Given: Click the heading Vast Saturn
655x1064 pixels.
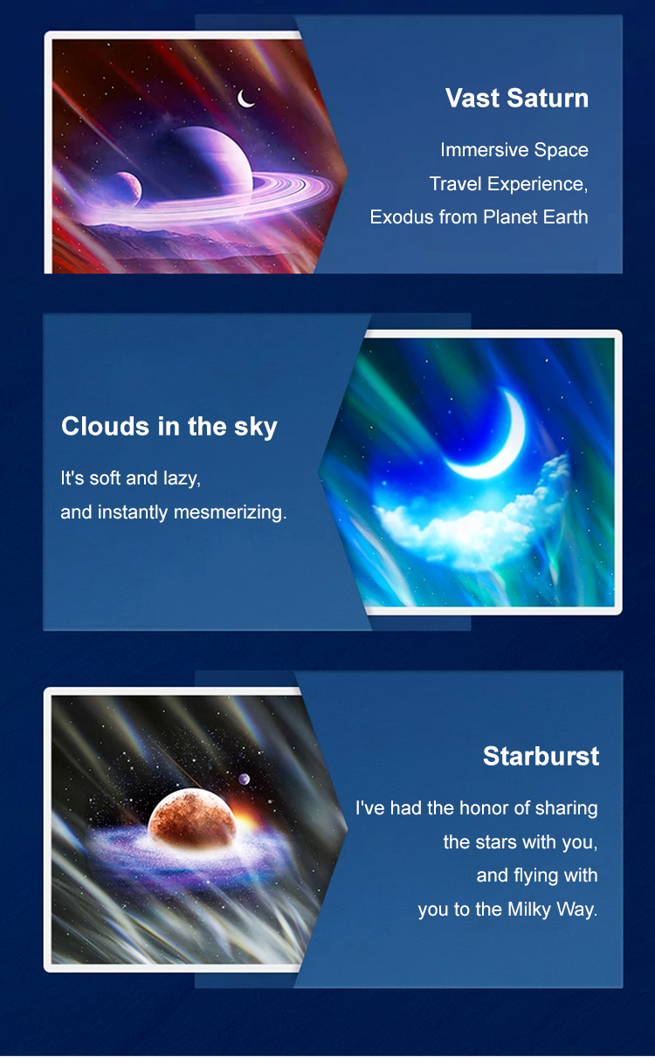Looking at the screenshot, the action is click(517, 98).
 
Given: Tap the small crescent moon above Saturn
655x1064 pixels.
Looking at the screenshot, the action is click(245, 99).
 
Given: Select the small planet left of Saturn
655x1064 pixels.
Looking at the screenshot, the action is click(127, 189).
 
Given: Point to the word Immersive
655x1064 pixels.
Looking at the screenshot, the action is click(485, 149).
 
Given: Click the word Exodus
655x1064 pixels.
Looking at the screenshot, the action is click(402, 217).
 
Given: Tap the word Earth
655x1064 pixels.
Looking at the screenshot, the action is click(566, 217).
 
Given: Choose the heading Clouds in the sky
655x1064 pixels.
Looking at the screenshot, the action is click(169, 426).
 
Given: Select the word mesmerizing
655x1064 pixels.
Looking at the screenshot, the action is click(230, 512).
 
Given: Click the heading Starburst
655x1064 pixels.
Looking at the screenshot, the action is click(541, 756).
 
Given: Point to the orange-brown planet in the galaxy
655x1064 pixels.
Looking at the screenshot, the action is click(191, 818).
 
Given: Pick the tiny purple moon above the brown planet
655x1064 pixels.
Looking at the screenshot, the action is click(244, 779).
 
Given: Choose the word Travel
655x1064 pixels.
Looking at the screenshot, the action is click(456, 184).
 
